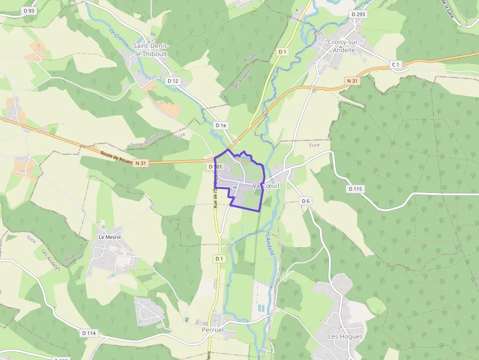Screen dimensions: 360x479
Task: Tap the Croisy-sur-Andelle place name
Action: point(343,46)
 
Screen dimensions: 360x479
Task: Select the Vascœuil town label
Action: point(266,186)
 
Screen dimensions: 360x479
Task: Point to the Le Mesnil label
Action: point(110,237)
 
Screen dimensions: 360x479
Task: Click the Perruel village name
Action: point(213,330)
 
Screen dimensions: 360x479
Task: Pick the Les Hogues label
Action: point(345,337)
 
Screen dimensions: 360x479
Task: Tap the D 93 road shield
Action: point(29,11)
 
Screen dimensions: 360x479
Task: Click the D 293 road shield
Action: point(358,14)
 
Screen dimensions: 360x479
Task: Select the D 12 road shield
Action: point(173,81)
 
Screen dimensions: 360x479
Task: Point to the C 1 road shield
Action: point(395,64)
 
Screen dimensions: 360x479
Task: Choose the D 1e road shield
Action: point(221,126)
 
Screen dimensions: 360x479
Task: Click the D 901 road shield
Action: point(215,167)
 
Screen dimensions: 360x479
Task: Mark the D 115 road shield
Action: point(356,189)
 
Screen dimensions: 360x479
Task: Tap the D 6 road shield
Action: point(306,201)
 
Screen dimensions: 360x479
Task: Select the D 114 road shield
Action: point(89,333)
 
